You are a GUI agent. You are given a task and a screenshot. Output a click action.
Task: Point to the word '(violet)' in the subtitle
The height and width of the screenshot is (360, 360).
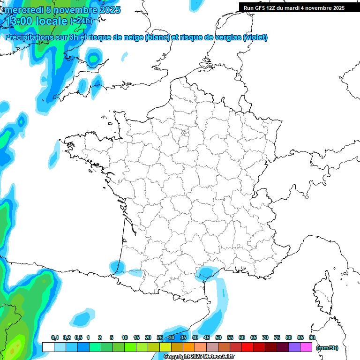click(255, 37)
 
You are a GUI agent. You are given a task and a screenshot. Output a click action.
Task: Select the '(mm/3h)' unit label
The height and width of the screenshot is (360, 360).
click(327, 348)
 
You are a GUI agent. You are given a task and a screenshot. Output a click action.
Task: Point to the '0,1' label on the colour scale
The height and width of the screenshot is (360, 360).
click(55, 337)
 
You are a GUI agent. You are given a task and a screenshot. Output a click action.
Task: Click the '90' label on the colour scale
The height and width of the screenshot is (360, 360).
click(312, 337)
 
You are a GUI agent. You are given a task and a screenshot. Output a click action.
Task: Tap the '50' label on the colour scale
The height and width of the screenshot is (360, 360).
click(218, 337)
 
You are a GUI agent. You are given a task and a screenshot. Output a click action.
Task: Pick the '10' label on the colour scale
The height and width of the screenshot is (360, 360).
click(125, 337)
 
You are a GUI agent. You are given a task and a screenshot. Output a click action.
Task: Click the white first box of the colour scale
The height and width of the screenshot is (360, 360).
click(48, 347)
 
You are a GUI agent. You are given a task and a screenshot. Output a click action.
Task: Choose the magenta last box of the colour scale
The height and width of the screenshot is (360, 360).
click(306, 347)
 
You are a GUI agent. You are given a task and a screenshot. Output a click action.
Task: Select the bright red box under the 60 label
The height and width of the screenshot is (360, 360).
click(247, 347)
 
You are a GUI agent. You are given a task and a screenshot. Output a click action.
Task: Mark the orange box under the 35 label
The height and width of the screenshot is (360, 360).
click(189, 347)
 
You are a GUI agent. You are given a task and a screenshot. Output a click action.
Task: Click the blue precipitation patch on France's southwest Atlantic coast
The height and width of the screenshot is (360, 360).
click(117, 268)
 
